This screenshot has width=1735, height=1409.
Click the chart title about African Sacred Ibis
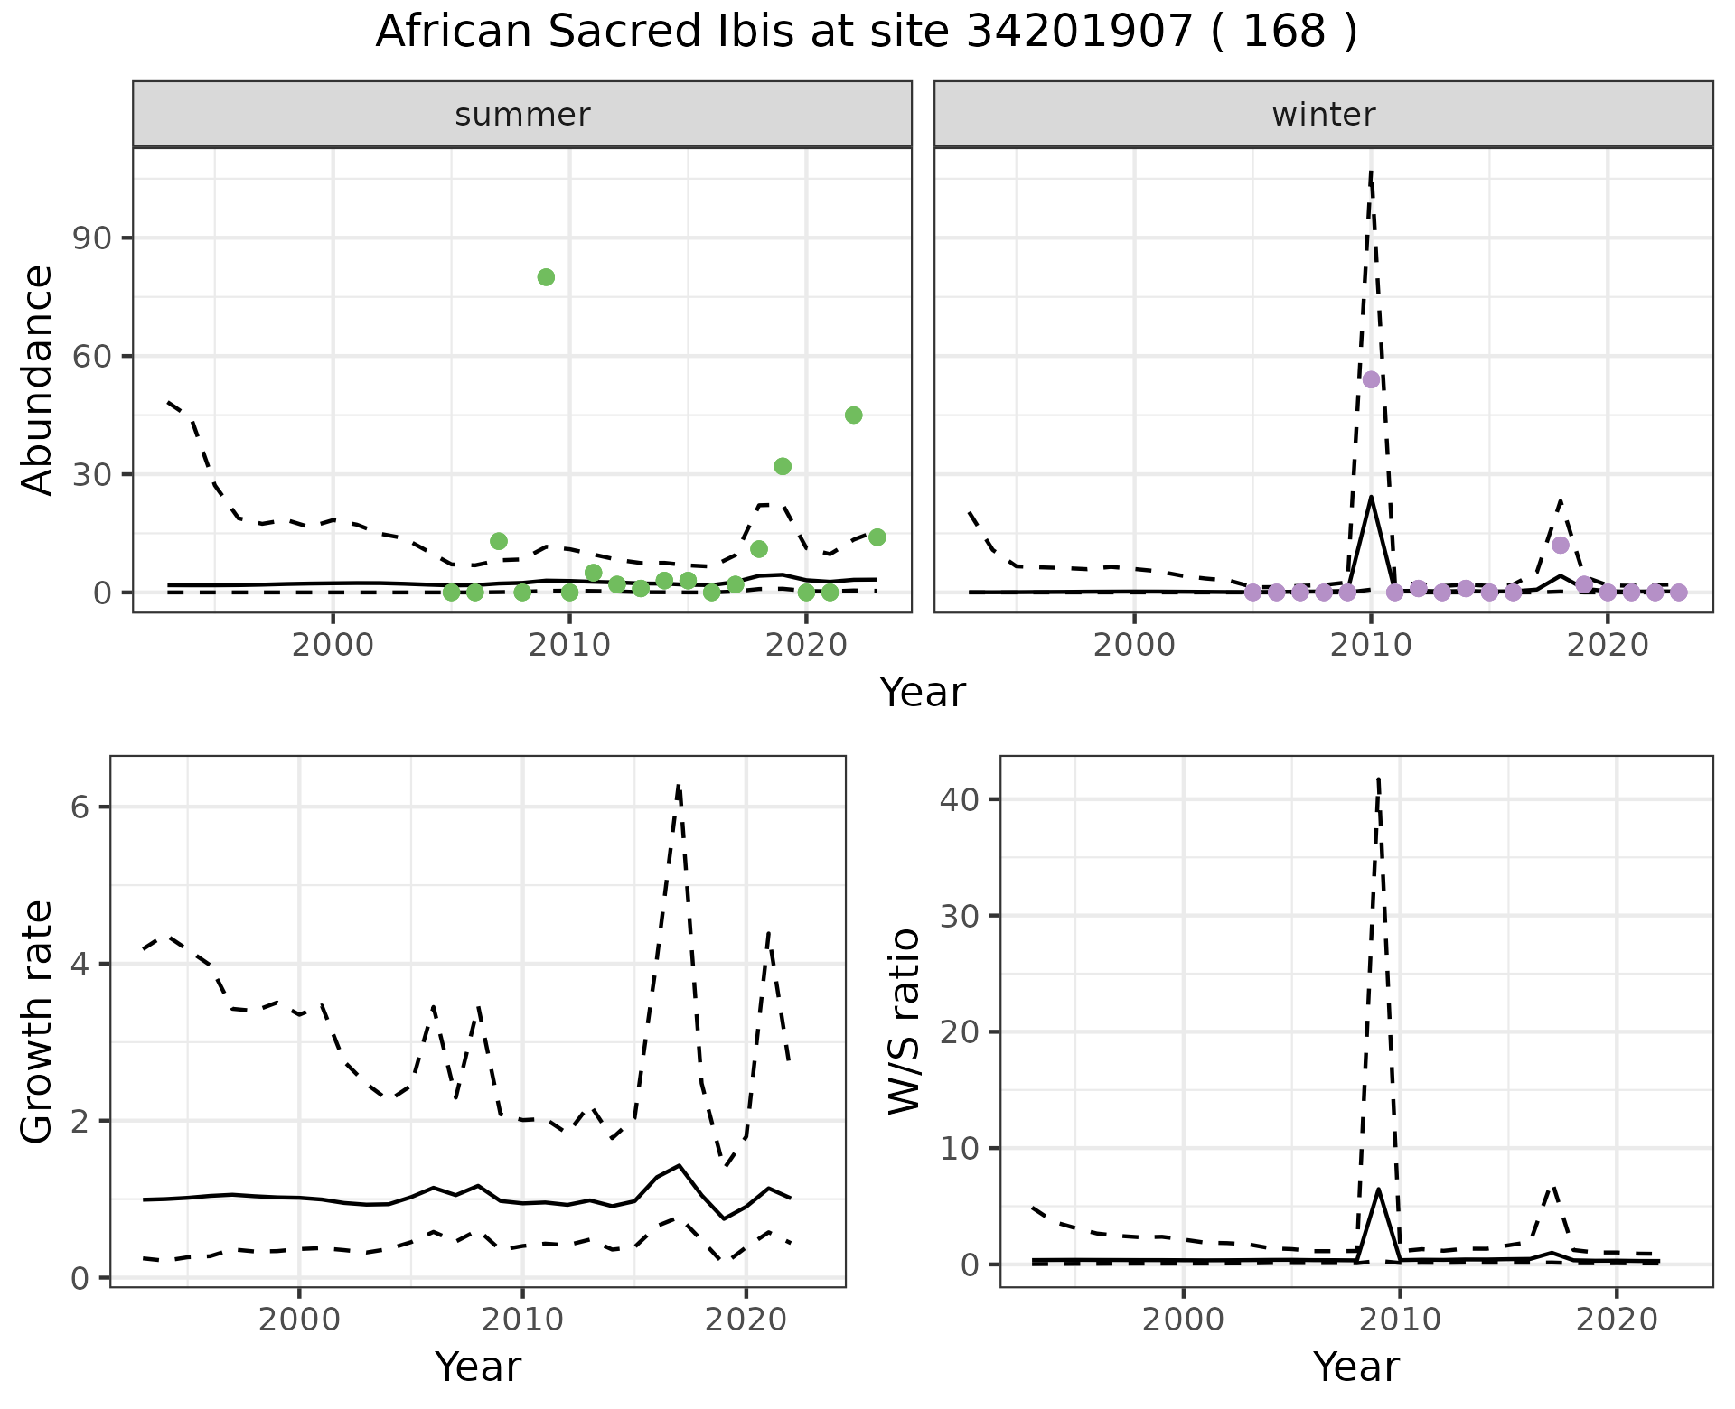tap(867, 33)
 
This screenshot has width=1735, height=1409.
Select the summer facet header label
tap(522, 115)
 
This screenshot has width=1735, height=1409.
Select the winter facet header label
tap(1323, 115)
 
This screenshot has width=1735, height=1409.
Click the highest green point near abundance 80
tap(546, 277)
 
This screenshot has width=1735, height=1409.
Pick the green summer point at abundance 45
tap(853, 415)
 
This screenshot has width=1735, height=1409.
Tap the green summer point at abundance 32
tap(783, 466)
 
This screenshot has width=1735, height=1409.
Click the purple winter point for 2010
tap(1371, 379)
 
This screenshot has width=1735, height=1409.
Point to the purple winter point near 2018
tap(1561, 545)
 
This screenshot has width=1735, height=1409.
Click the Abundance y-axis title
tap(38, 379)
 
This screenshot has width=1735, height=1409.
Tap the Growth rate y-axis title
tap(38, 1022)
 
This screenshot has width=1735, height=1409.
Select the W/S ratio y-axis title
tap(904, 1022)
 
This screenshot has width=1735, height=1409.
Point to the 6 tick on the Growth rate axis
tap(80, 807)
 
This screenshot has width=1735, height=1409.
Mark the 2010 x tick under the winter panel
tap(1371, 645)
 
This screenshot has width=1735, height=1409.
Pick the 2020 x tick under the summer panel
tap(806, 645)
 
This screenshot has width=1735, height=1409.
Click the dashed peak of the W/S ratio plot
tap(1378, 779)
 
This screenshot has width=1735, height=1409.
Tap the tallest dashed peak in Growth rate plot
tap(678, 787)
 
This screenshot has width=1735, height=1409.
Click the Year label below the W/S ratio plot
tap(1355, 1367)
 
